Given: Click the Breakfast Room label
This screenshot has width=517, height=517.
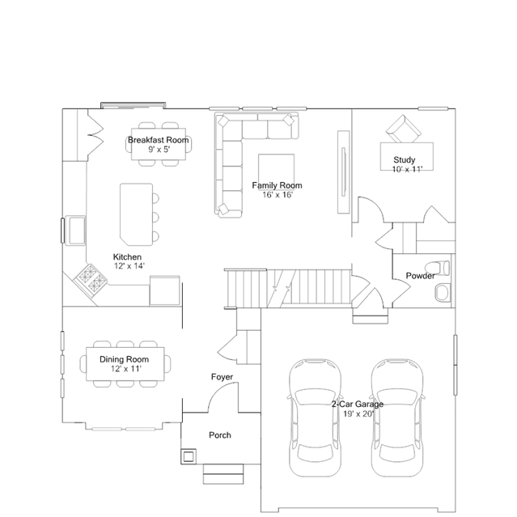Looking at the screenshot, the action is click(x=159, y=140).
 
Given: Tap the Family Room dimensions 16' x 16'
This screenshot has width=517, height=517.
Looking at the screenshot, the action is click(x=278, y=195).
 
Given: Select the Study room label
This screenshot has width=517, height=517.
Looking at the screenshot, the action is click(x=405, y=160).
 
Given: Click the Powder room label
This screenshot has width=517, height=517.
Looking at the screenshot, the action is click(x=420, y=276).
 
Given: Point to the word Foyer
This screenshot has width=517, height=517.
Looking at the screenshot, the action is click(x=222, y=377).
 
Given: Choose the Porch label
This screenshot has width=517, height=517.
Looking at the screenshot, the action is click(x=220, y=435).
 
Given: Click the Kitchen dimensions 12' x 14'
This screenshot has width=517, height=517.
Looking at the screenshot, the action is click(x=129, y=265).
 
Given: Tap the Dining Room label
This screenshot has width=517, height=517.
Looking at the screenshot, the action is click(x=124, y=359).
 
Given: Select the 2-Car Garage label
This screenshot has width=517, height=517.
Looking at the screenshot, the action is click(x=358, y=405).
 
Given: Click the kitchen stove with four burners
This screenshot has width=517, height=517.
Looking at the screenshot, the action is click(x=91, y=279).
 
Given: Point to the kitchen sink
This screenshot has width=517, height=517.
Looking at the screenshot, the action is click(x=76, y=231).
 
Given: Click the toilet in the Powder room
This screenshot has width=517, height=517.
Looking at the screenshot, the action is click(x=437, y=268).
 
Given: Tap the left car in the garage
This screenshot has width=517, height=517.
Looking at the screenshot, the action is click(x=316, y=417).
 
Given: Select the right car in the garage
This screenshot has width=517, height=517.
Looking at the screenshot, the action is click(x=397, y=417).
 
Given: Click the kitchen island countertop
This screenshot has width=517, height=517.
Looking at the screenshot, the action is click(x=136, y=214).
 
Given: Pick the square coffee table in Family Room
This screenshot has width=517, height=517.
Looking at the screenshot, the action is click(x=277, y=172).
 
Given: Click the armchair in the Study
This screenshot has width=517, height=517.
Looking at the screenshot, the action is click(x=404, y=129).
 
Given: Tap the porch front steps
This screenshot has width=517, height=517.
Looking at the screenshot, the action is click(x=223, y=474).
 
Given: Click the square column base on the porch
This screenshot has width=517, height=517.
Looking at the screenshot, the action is click(x=189, y=456).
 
